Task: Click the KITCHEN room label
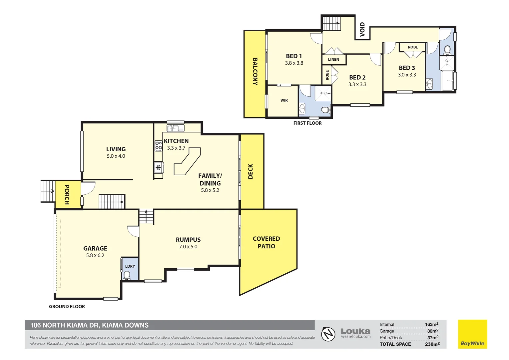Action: click(176, 141)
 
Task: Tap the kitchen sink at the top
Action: click(175, 128)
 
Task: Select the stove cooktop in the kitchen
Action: click(159, 146)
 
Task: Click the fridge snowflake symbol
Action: click(159, 167)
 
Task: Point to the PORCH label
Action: click(67, 195)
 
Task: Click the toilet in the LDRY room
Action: click(127, 275)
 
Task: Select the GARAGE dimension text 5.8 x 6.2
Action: click(95, 255)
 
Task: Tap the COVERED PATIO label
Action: click(266, 242)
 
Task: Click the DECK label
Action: click(251, 171)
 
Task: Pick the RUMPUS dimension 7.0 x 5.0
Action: click(188, 247)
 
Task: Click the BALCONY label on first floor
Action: click(255, 72)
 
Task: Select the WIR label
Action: click(284, 100)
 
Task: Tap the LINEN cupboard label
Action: click(333, 60)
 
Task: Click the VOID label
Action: click(362, 29)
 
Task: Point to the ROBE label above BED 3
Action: click(413, 47)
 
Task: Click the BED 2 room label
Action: click(357, 77)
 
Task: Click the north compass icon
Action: click(328, 334)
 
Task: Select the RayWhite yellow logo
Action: click(472, 334)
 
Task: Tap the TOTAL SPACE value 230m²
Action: click(432, 344)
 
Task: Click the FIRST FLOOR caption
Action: click(307, 123)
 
